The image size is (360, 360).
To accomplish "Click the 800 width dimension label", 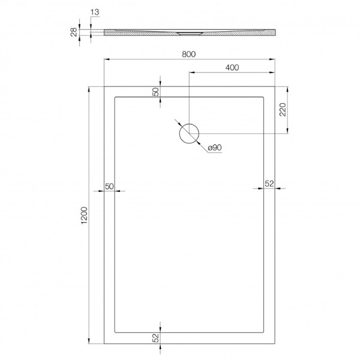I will (189, 53).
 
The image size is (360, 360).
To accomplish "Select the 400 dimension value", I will (232, 67).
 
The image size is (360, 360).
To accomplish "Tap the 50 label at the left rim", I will (109, 186).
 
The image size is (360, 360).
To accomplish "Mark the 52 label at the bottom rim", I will (155, 338).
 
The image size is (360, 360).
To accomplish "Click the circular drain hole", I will (189, 133).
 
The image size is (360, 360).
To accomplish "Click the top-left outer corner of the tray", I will (104, 86).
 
